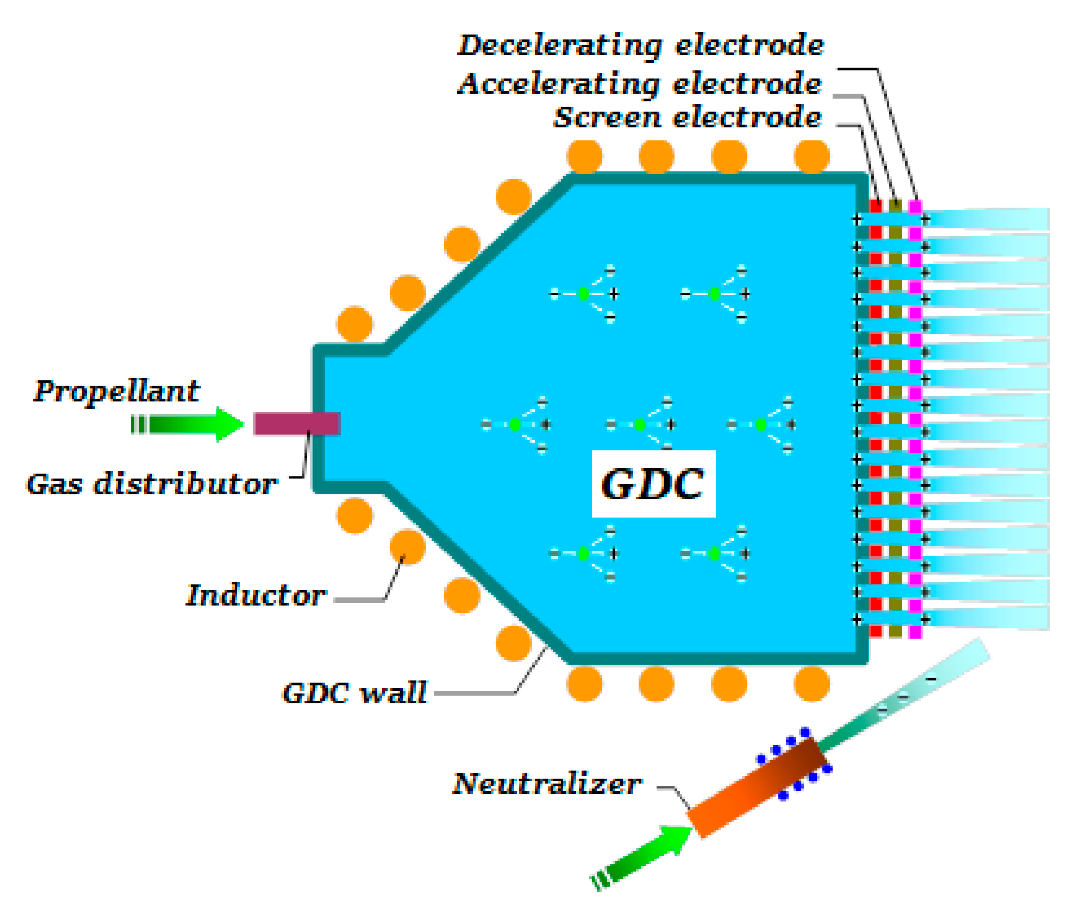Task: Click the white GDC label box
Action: point(653,484)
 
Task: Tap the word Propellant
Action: point(116,390)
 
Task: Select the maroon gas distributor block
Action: point(296,423)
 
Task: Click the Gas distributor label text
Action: point(151,484)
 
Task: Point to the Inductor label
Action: point(256,595)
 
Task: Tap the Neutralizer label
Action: point(546,783)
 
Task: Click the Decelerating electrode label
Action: point(640,45)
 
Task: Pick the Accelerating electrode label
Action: point(639,84)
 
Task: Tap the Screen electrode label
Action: point(687,117)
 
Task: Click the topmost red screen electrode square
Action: point(875,206)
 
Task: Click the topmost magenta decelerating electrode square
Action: point(915,206)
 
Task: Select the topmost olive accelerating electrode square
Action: point(895,206)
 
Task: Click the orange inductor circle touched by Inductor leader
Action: point(407,546)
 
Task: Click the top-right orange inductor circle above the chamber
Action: point(811,156)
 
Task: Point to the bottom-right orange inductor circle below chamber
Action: point(811,684)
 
